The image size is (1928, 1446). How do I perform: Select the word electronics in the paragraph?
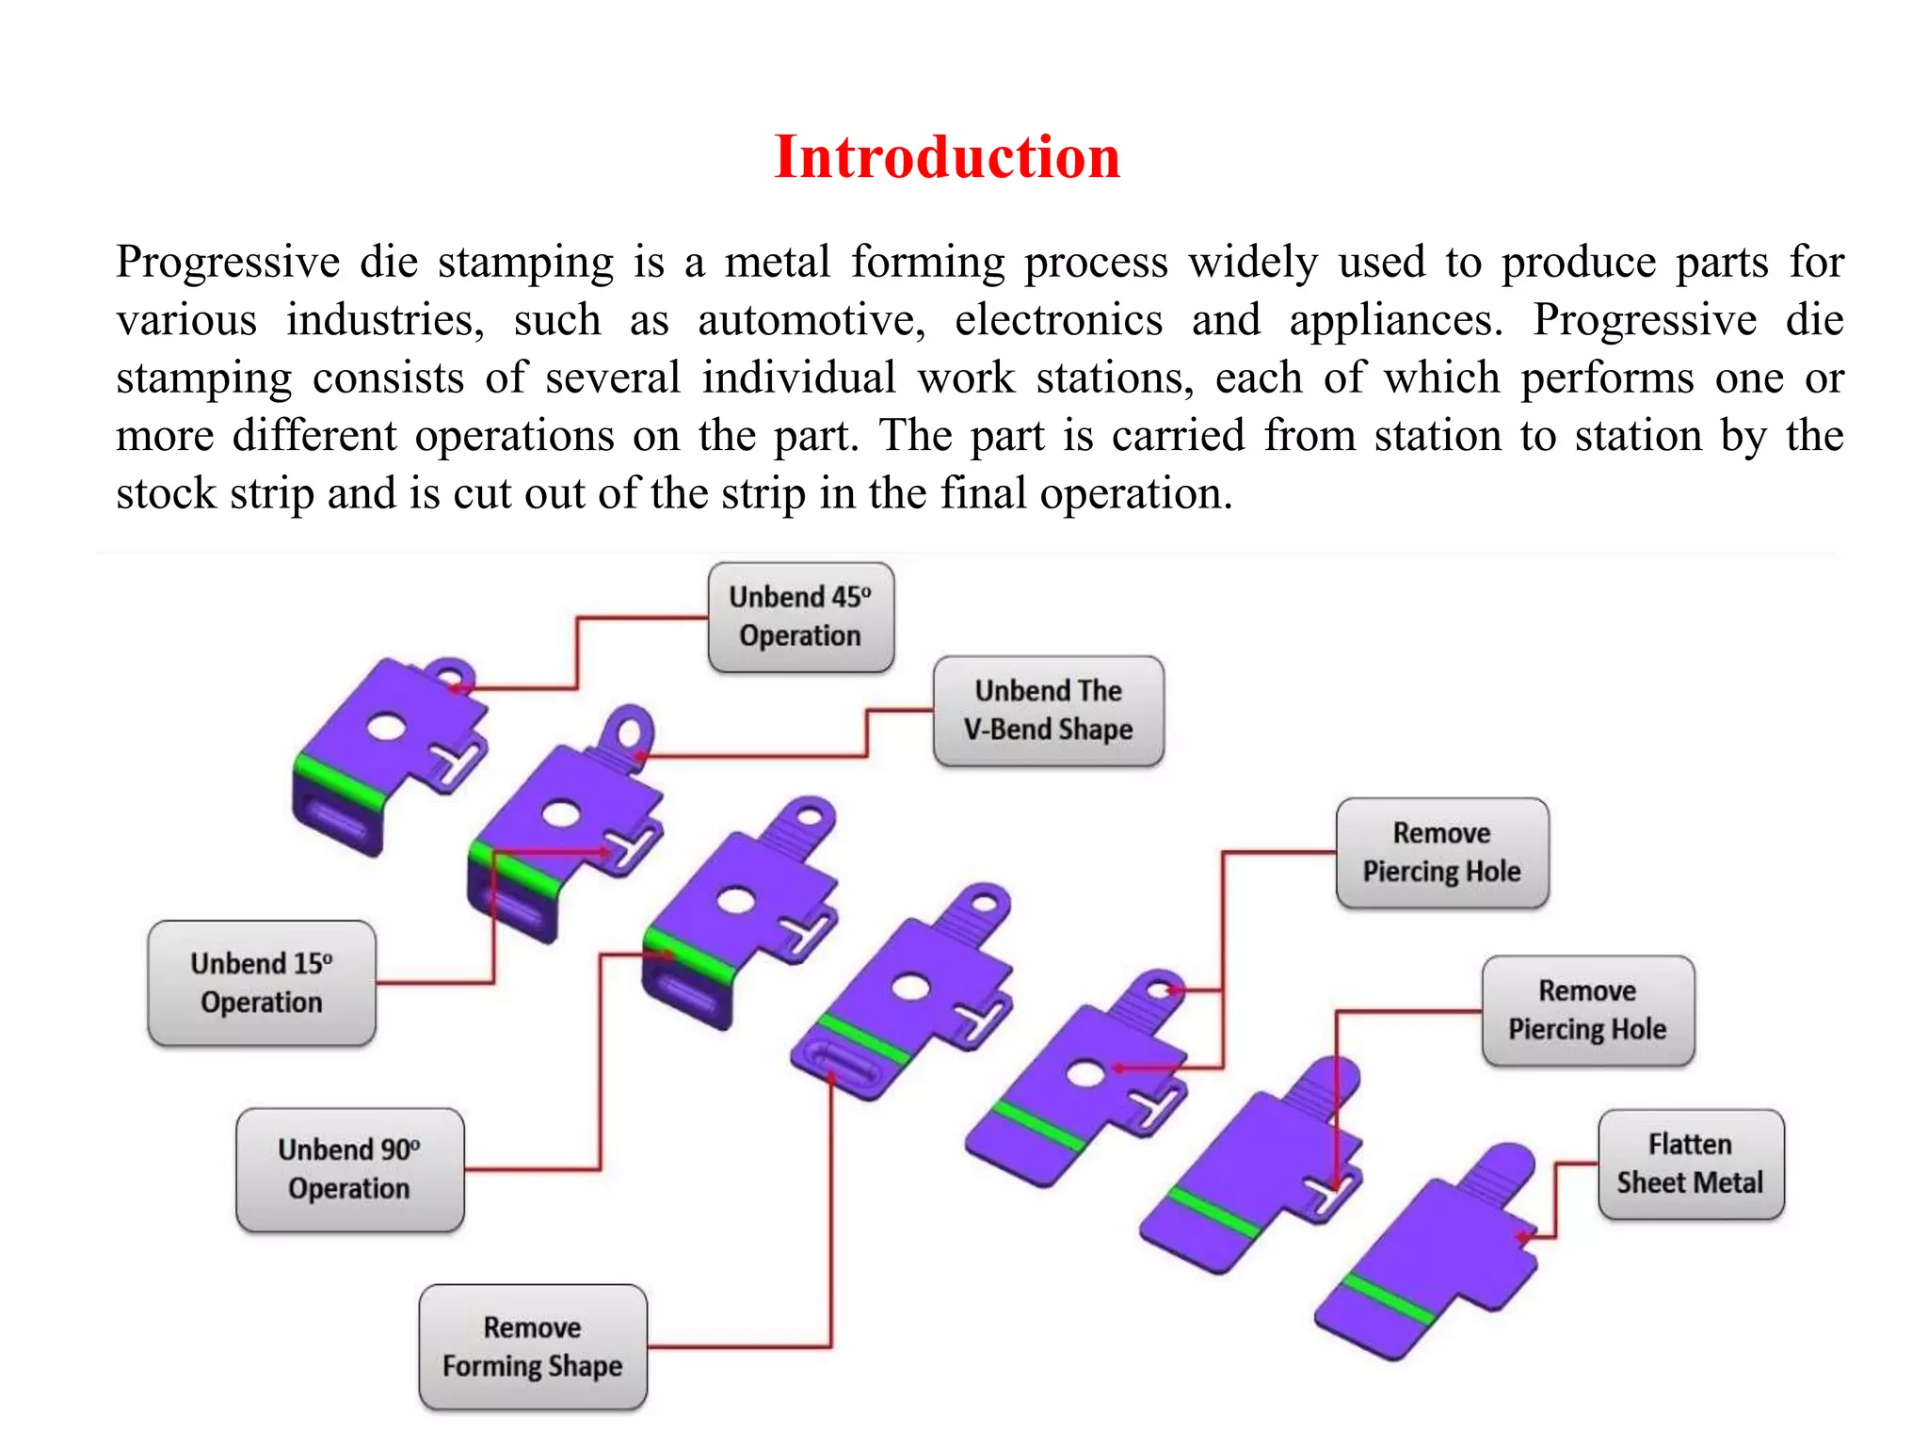pos(1058,320)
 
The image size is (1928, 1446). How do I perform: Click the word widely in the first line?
pos(1252,262)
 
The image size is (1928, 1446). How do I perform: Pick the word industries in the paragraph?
pos(385,320)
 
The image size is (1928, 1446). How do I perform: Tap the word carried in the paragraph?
pos(1178,436)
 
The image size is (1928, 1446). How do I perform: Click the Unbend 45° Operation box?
pos(801,617)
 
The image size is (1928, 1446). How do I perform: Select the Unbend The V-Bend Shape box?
pos(1048,711)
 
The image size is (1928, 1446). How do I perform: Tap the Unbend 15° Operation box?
pos(262,983)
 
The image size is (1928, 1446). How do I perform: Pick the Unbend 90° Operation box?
pos(349,1169)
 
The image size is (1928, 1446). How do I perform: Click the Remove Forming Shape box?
pos(533,1346)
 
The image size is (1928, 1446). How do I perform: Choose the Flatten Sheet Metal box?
pos(1691,1164)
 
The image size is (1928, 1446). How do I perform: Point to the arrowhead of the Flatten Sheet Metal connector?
pos(1521,1237)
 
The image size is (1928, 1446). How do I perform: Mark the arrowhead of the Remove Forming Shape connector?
pos(831,1078)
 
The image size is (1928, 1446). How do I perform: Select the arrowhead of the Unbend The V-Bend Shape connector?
pos(638,755)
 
